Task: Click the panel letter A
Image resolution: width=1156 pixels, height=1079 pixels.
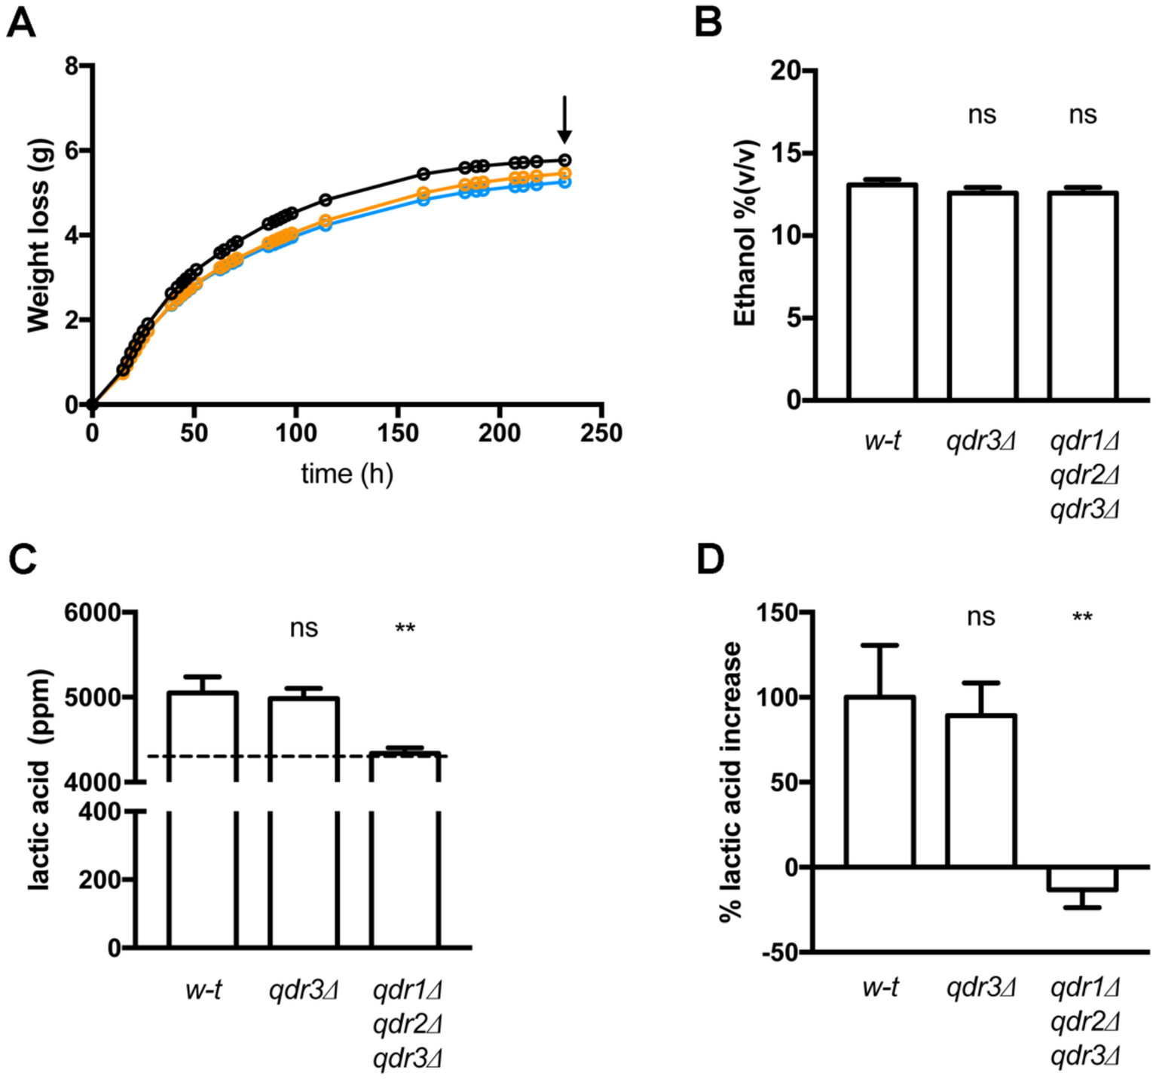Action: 21,23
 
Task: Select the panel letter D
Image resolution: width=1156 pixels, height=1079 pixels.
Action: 709,561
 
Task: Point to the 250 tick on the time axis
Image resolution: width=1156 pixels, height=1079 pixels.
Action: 601,433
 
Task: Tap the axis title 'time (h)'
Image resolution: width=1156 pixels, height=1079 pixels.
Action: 347,474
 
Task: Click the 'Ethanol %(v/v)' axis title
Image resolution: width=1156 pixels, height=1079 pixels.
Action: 745,234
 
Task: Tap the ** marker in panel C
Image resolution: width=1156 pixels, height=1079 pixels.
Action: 405,628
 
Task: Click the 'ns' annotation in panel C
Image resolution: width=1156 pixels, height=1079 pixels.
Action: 304,628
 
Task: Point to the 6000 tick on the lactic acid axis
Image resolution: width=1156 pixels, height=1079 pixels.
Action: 93,613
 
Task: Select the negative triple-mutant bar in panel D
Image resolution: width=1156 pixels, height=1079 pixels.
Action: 1083,879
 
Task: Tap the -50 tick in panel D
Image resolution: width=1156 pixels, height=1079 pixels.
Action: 779,952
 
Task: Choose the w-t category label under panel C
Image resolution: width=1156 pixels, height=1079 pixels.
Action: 203,989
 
